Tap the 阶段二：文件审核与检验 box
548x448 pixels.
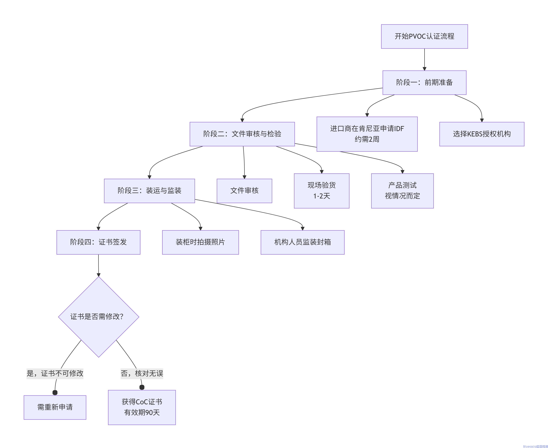pos(242,134)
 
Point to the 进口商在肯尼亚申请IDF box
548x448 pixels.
pos(367,134)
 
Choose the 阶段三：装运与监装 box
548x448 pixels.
pos(149,191)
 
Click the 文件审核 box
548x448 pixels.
pos(244,191)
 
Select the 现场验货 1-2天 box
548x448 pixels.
pos(321,191)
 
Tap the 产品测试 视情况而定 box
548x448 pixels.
pos(402,191)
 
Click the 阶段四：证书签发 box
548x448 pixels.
pos(98,242)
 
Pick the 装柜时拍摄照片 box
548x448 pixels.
pos(200,242)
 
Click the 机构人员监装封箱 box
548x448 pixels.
pos(302,242)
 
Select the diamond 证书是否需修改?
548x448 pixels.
pos(99,317)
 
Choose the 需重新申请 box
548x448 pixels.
pos(55,407)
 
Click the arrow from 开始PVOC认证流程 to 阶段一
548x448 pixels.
pos(424,59)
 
